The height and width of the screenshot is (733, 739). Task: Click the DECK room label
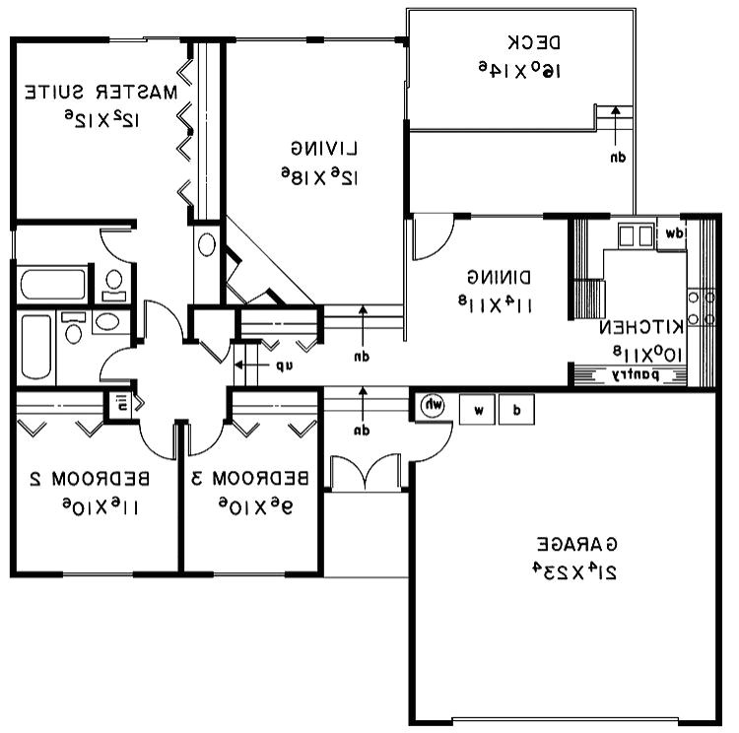pos(534,42)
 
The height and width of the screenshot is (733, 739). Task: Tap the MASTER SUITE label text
pos(102,94)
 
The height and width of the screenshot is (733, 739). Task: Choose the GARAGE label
pos(577,544)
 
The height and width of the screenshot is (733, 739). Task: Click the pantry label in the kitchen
pos(649,375)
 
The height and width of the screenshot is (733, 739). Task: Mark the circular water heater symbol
pos(434,406)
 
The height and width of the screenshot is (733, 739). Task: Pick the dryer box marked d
pos(516,408)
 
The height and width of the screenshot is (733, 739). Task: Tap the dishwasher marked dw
pos(673,234)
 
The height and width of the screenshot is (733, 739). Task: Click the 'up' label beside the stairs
pos(284,366)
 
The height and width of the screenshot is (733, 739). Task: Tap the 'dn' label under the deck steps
pos(617,157)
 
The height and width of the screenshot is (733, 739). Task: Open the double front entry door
pos(365,473)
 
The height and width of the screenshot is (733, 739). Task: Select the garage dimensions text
pos(577,571)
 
